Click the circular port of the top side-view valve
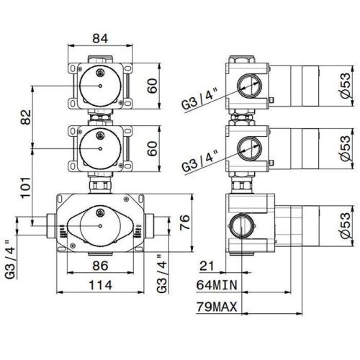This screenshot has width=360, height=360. coord(248,84)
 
